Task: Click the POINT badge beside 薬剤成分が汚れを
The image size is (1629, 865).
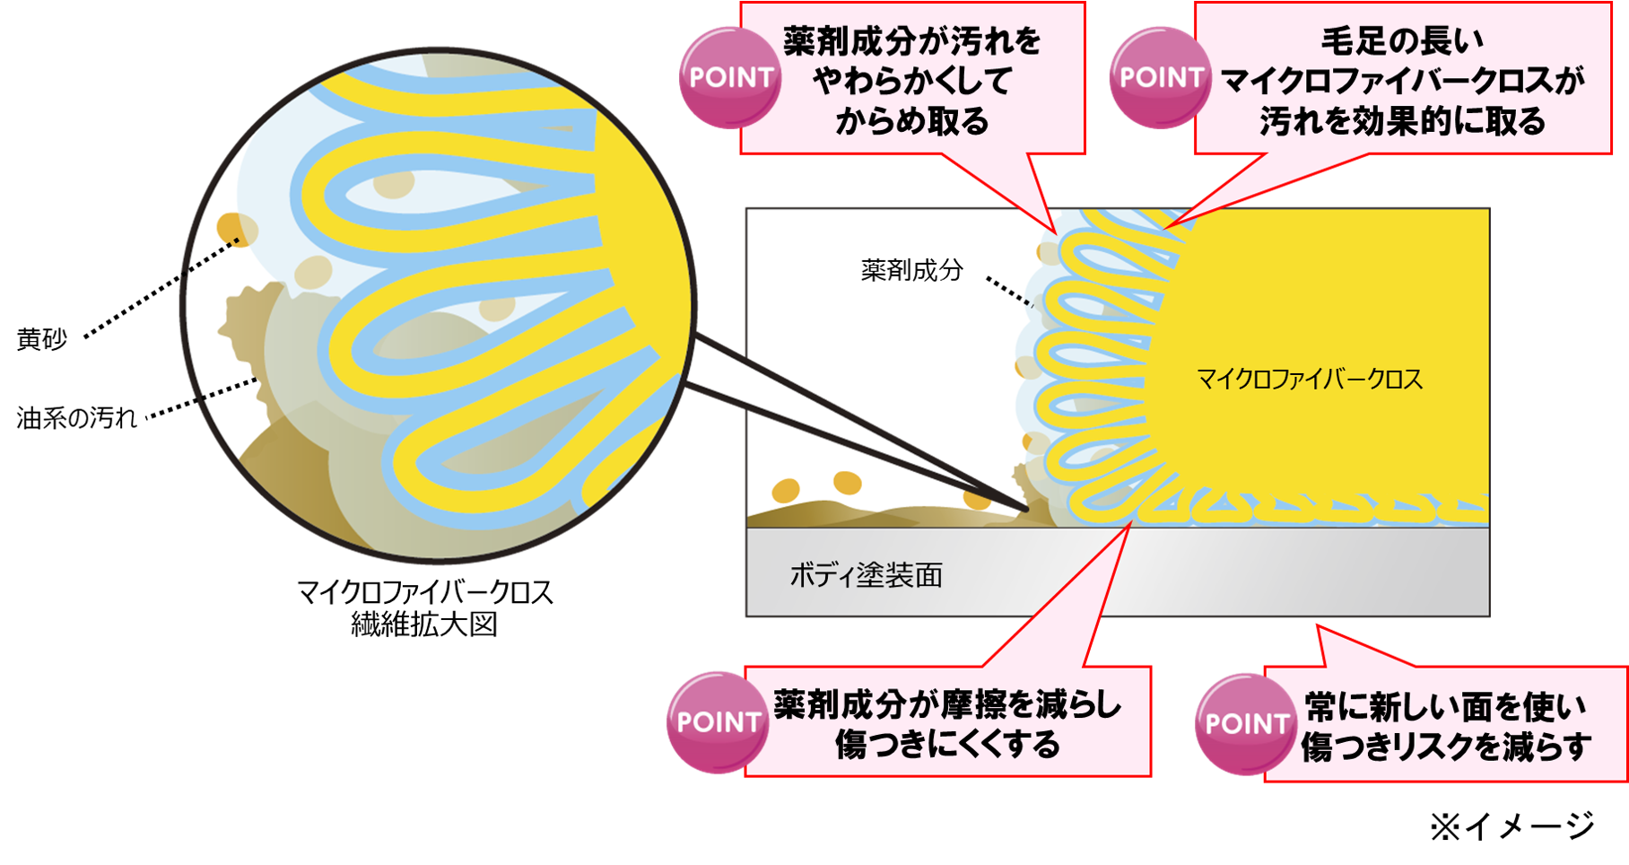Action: click(730, 77)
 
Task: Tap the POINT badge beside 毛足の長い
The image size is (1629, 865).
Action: click(1160, 77)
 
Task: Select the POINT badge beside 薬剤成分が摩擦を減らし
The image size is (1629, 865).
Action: click(718, 722)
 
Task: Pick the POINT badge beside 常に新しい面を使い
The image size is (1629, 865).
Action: click(1246, 724)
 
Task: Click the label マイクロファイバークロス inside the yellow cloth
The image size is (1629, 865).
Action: click(1309, 380)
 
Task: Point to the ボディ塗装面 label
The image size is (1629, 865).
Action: click(866, 575)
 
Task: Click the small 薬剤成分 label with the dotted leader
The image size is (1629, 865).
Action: click(911, 270)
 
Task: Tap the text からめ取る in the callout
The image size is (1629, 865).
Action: click(911, 121)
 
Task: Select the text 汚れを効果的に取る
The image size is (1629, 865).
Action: click(1402, 121)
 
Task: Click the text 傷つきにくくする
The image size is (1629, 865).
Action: click(947, 745)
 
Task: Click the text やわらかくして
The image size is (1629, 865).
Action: click(911, 82)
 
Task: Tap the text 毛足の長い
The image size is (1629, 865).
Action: click(1402, 41)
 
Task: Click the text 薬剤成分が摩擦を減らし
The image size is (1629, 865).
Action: click(947, 705)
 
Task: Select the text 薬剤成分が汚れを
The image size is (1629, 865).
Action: click(911, 42)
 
